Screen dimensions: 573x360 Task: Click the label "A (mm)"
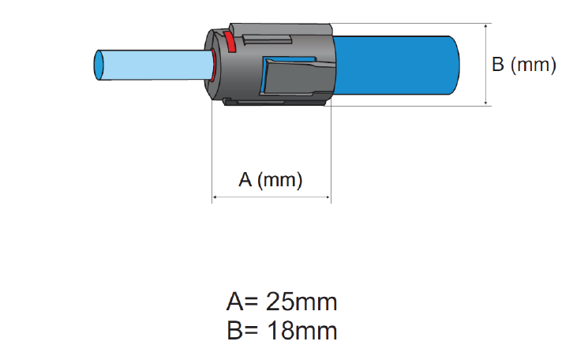271,180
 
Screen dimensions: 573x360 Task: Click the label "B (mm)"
524,64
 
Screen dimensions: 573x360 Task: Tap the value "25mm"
301,302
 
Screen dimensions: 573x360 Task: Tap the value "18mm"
301,331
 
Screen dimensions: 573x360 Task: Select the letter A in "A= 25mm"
235,302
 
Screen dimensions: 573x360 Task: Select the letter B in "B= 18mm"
234,331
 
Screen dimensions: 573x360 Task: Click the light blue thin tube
153,65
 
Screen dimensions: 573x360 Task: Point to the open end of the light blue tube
99,65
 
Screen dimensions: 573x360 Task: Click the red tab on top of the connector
230,42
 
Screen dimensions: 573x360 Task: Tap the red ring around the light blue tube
213,66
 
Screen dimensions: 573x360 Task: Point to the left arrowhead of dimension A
214,197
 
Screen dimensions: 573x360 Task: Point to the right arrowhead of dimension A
328,197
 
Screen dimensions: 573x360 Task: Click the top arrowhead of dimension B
485,26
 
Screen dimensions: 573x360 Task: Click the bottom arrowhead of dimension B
485,103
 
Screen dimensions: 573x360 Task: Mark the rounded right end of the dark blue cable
455,65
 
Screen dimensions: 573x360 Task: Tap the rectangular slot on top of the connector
267,39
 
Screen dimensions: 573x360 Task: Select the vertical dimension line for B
485,65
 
